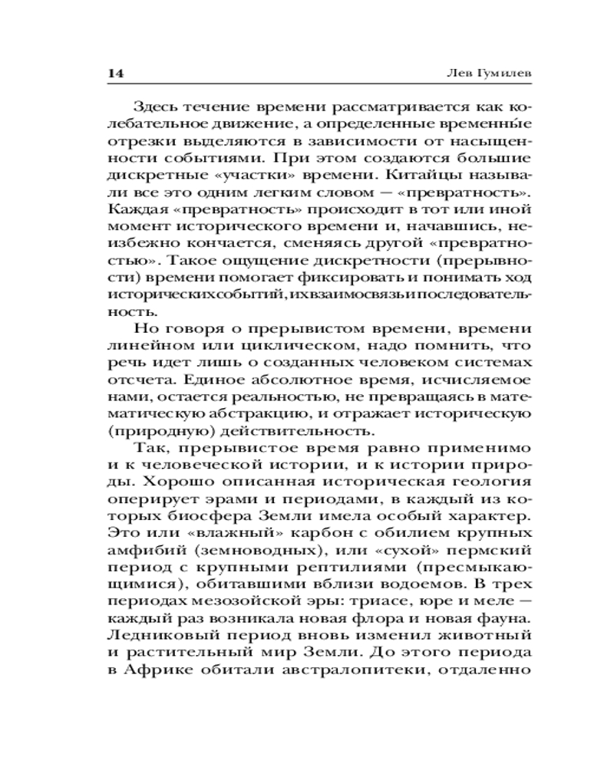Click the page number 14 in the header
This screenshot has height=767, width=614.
115,74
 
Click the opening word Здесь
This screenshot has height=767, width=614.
156,106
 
